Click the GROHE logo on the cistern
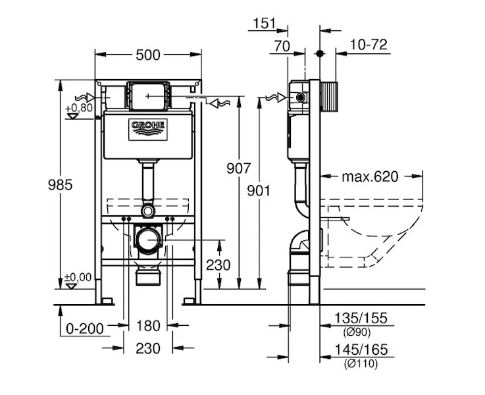click(148, 130)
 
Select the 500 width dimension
click(148, 55)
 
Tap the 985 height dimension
click(61, 185)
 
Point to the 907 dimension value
click(238, 169)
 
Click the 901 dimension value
click(259, 191)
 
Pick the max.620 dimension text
click(370, 177)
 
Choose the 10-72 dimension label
click(369, 45)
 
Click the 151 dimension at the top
click(264, 23)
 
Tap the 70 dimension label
click(282, 46)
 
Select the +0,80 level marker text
click(79, 108)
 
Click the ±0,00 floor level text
click(78, 277)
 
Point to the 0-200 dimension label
click(85, 329)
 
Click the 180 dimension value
click(148, 326)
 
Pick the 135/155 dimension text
click(361, 318)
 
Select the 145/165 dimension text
click(361, 350)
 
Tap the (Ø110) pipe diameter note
click(361, 364)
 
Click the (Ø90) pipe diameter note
click(357, 332)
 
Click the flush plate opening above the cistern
click(148, 96)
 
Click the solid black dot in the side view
click(320, 53)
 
